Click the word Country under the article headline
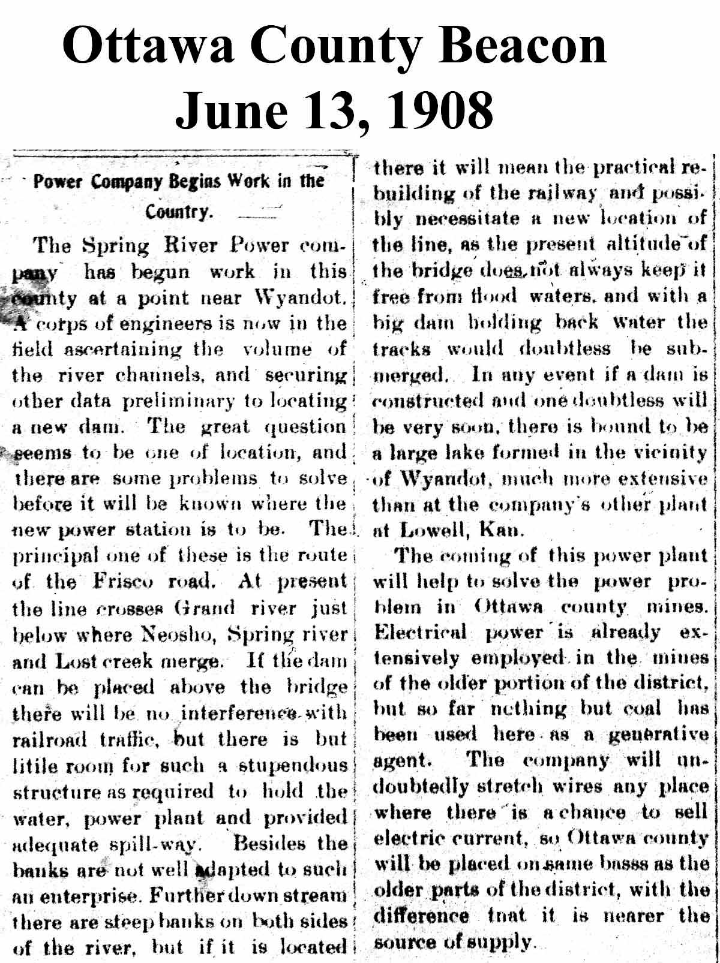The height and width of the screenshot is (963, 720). point(178,212)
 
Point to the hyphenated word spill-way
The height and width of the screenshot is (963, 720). point(163,845)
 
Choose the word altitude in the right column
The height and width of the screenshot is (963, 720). point(648,243)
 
